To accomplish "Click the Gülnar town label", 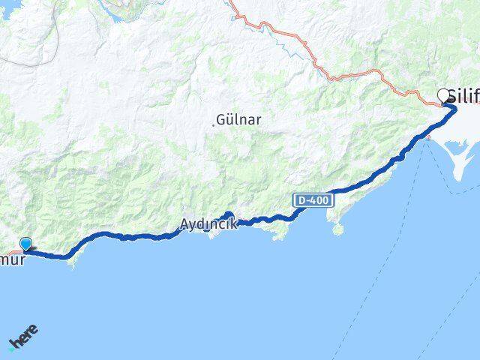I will tap(234, 119).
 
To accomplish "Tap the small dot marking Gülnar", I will tap(214, 124).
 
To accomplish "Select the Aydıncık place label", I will tap(208, 223).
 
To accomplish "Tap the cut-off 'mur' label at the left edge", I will tap(13, 260).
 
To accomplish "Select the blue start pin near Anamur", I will tap(27, 244).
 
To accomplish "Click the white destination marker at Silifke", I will tap(443, 95).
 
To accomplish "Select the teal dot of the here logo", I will tap(10, 346).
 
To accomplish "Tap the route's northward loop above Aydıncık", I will tap(228, 215).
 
